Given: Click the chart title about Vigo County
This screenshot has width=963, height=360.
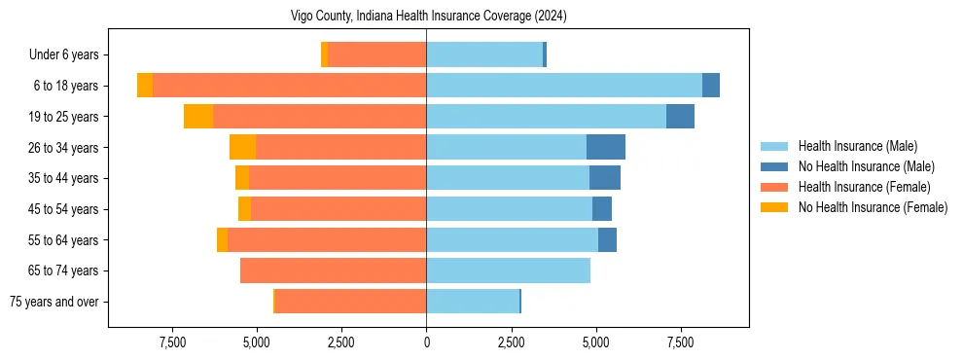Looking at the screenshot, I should coord(428,17).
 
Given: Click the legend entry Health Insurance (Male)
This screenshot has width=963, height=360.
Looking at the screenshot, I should coord(857,146).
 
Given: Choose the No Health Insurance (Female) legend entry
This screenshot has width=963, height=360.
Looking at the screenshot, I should coord(873,207).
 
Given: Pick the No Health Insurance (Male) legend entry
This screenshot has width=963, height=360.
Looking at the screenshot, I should coord(866,166).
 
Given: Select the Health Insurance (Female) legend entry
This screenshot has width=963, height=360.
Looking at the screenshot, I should coord(864,187).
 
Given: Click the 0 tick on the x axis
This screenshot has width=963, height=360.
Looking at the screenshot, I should coord(426,342).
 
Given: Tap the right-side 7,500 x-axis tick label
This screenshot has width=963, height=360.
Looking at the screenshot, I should coord(680,342).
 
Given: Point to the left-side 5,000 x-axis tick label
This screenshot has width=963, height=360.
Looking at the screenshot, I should coord(256,342).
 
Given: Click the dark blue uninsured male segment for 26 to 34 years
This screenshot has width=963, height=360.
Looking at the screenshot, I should coord(606,147).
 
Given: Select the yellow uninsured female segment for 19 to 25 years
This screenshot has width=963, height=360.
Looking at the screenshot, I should coord(198,117).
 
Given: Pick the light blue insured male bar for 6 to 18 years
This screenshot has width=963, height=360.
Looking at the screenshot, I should coord(564,86).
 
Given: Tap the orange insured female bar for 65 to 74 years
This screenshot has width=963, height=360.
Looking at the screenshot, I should coord(333,270).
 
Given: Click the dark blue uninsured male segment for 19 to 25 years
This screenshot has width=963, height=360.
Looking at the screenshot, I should coord(680,117).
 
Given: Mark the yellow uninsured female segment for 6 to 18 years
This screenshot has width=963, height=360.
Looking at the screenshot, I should coord(145,86).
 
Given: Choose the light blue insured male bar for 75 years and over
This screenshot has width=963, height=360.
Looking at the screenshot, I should coord(473,302).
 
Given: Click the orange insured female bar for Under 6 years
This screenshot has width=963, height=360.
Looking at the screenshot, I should coord(376,55).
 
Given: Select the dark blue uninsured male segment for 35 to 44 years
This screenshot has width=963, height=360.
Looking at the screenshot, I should coord(605,178).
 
